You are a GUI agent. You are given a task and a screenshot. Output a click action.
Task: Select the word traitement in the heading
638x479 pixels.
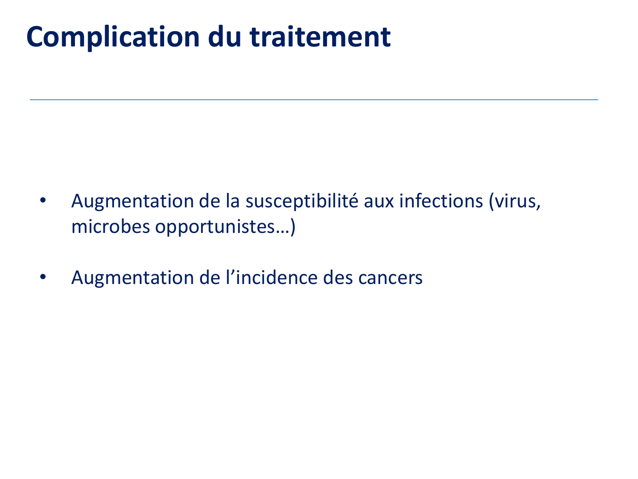pos(320,37)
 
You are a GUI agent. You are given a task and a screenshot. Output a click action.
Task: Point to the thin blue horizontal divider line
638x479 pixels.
pos(314,100)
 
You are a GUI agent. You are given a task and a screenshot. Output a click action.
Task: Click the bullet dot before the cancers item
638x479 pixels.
pos(43,277)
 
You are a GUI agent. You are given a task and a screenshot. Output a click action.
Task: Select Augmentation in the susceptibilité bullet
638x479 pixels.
pos(133,202)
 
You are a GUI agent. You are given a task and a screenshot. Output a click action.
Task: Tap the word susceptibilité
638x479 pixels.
pos(302,201)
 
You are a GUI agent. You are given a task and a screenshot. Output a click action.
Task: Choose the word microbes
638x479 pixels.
pos(111,226)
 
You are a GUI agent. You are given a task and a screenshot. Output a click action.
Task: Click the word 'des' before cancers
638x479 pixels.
pos(338,278)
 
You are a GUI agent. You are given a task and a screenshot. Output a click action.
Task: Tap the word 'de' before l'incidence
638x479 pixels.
pos(210,278)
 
